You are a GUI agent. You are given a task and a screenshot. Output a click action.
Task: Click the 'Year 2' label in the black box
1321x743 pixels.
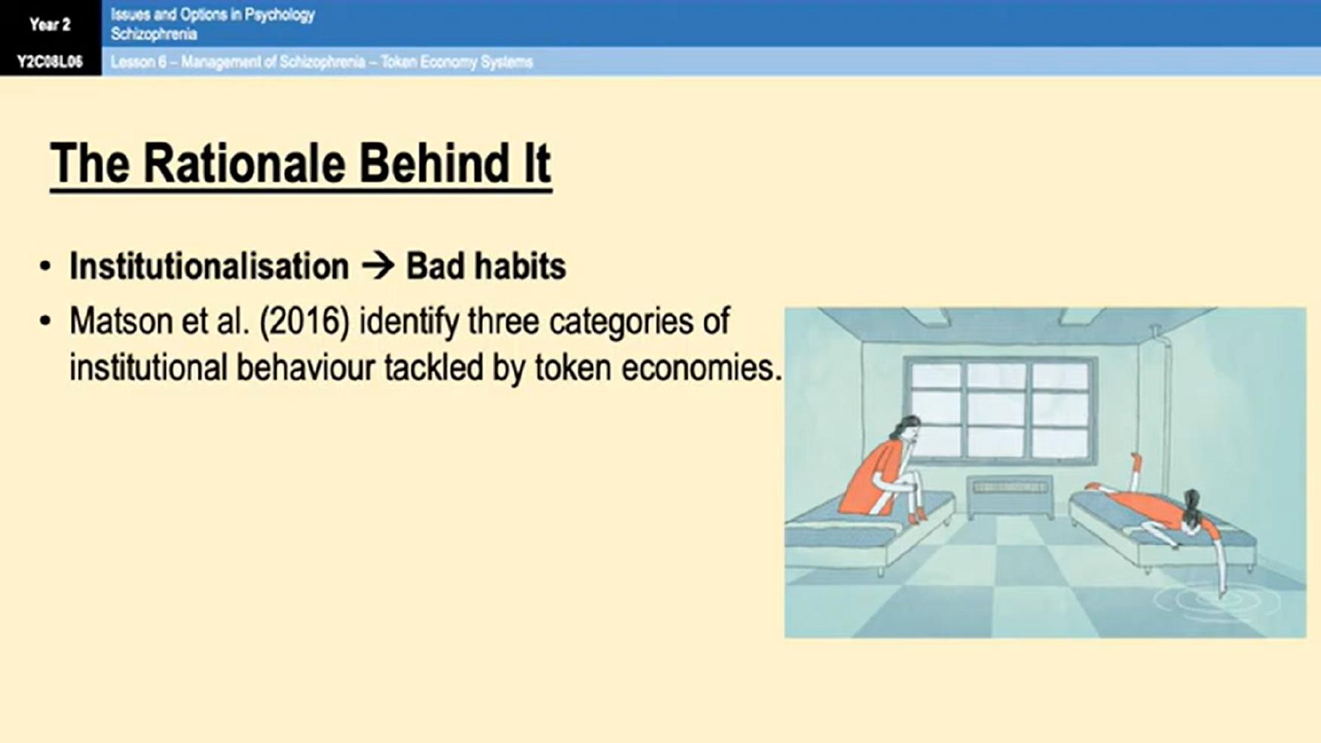[50, 24]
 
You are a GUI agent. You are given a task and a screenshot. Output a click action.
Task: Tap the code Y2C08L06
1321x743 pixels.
[50, 62]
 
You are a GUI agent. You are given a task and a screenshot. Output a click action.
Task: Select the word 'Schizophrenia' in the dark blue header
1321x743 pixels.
[154, 34]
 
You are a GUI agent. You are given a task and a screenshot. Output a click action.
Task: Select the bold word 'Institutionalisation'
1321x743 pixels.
[209, 266]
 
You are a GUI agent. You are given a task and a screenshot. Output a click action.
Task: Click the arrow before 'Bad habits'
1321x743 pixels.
[378, 266]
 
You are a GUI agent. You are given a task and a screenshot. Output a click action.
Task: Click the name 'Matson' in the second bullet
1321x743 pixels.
[121, 321]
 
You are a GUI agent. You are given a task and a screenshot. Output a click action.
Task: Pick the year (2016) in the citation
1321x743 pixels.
[304, 322]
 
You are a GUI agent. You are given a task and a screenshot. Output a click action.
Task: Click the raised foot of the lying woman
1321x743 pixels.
[1136, 460]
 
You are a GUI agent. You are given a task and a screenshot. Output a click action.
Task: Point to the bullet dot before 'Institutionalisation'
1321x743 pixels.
[46, 267]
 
